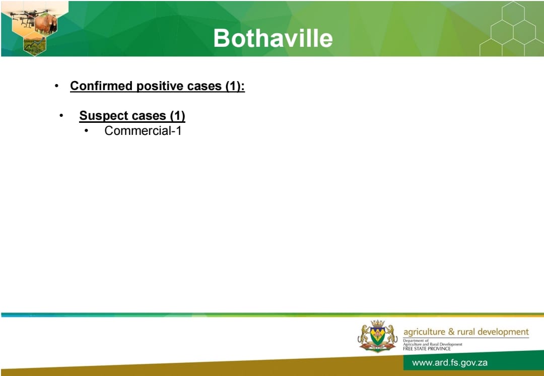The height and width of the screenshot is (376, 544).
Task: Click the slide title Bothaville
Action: click(x=273, y=38)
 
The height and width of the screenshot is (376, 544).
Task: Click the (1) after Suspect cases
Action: click(x=177, y=115)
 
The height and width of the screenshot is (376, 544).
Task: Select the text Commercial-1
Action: click(x=143, y=131)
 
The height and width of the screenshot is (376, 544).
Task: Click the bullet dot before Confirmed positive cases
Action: click(x=56, y=86)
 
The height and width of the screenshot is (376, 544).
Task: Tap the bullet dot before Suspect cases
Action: click(x=61, y=115)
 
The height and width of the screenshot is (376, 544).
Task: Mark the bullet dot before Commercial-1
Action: click(x=87, y=131)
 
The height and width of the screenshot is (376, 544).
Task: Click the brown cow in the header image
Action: click(x=46, y=24)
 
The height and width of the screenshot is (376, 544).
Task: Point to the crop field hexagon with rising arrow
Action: click(x=34, y=45)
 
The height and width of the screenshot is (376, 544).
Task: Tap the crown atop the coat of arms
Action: click(x=377, y=323)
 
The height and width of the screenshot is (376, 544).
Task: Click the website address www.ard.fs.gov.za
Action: click(x=450, y=363)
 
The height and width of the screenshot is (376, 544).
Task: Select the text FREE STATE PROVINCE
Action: click(x=427, y=349)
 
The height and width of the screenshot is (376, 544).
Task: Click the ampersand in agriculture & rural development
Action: click(x=451, y=332)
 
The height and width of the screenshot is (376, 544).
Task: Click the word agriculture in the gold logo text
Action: click(x=424, y=332)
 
